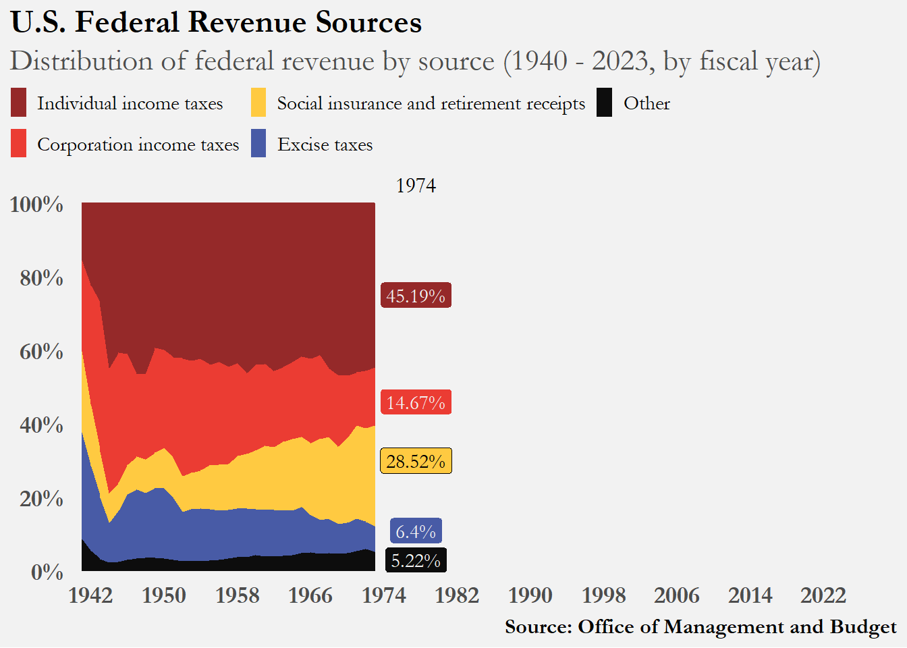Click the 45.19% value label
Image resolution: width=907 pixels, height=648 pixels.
416,296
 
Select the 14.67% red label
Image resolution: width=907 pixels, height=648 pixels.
416,402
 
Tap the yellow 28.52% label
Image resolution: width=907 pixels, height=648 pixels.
416,461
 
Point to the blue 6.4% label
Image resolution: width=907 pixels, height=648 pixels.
416,531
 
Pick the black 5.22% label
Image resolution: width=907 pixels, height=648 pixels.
416,560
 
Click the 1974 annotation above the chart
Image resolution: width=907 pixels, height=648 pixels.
416,186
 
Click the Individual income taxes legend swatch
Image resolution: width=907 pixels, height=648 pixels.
19,103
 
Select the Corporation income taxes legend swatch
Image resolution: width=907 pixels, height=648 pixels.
19,144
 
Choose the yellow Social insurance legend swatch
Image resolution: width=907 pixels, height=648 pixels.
258,103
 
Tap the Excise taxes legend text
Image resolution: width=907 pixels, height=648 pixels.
325,144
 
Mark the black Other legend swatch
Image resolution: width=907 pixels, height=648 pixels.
605,103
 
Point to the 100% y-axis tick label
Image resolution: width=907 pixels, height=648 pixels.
36,204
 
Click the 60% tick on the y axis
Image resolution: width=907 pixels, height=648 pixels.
41,351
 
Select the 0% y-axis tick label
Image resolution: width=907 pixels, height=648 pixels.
47,572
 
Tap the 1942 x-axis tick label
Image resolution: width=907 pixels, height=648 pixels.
90,595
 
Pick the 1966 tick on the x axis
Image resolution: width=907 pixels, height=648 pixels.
310,595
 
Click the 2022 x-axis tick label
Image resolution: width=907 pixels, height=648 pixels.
823,595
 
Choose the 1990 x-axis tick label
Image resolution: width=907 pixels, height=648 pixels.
530,595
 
